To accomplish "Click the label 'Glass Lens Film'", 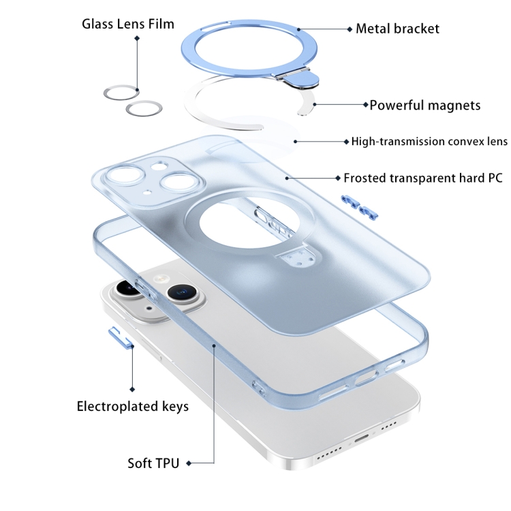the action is tap(128, 24).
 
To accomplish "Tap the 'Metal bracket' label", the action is tap(397, 29).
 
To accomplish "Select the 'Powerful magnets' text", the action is tap(425, 105).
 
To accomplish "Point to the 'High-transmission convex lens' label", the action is tap(429, 142).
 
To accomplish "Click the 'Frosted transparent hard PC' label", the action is tap(423, 178).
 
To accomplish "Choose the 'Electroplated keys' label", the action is tap(133, 406).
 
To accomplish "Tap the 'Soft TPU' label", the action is tap(153, 463).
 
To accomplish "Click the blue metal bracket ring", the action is tap(249, 49).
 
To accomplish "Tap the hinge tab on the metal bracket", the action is tap(300, 79).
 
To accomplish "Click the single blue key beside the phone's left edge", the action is tap(121, 338).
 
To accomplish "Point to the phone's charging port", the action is tap(362, 438).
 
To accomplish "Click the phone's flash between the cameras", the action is tap(160, 279).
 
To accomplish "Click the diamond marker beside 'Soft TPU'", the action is tap(189, 463).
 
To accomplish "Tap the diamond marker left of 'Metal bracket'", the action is tap(350, 29).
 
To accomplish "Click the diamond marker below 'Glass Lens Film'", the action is tap(137, 38).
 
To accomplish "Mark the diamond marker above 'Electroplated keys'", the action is tap(132, 390).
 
